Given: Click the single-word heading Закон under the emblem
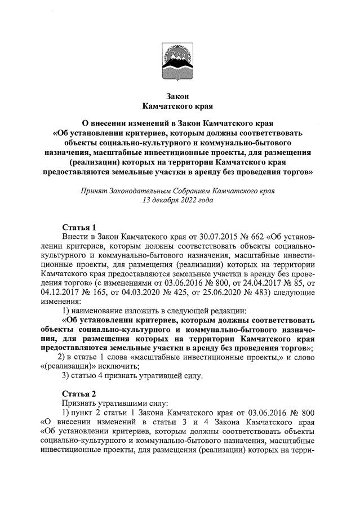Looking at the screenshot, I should point(179,95).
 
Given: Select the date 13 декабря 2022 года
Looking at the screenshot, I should point(179,201).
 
